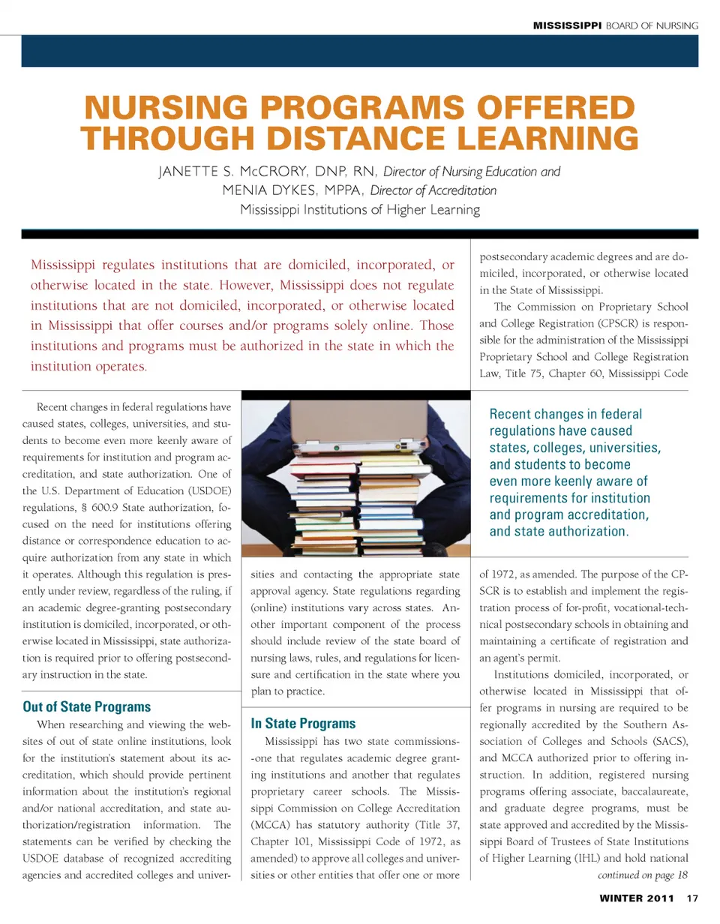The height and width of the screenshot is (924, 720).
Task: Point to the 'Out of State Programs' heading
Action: click(x=87, y=706)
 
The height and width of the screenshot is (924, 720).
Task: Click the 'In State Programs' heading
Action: click(x=303, y=724)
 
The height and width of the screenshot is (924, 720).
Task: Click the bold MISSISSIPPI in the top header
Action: click(x=568, y=26)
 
